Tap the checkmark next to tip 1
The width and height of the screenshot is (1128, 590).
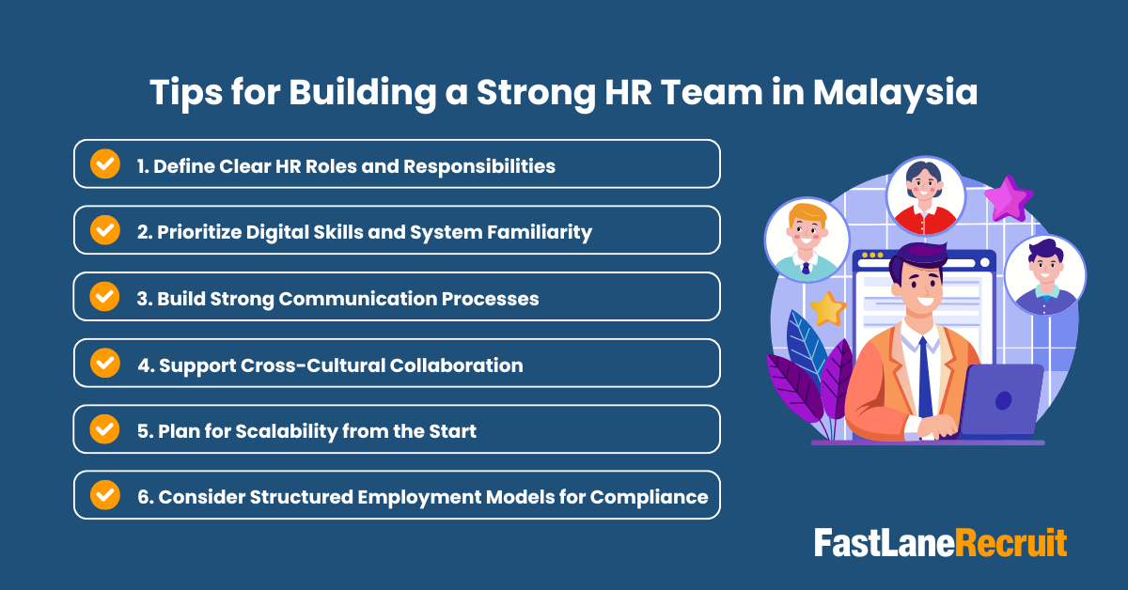pyautogui.click(x=104, y=164)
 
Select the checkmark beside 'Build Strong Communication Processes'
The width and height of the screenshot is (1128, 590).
pyautogui.click(x=104, y=296)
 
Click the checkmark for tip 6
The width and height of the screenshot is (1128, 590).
pyautogui.click(x=104, y=494)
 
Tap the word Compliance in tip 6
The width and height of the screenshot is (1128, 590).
pyautogui.click(x=649, y=497)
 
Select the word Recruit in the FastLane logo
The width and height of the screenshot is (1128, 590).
pyautogui.click(x=1011, y=543)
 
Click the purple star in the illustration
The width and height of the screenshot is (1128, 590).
pyautogui.click(x=1009, y=197)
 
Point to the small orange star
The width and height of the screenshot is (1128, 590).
pyautogui.click(x=828, y=308)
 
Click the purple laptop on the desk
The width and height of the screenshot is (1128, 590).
pyautogui.click(x=1002, y=399)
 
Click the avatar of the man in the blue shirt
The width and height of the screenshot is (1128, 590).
pyautogui.click(x=1045, y=275)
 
